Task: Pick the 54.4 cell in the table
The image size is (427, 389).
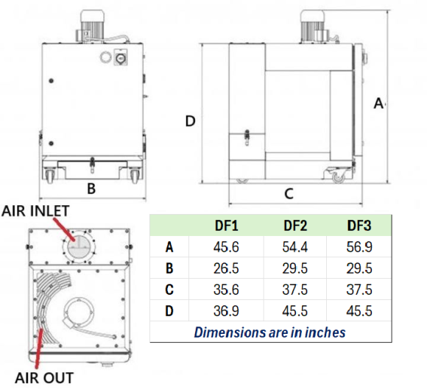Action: click(x=294, y=247)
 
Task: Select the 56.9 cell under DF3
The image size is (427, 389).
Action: click(x=359, y=247)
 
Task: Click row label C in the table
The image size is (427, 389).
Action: click(x=169, y=290)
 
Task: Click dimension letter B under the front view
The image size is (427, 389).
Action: click(x=91, y=188)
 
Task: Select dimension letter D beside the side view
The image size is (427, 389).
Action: click(x=190, y=121)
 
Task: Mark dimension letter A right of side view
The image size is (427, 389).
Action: click(x=378, y=104)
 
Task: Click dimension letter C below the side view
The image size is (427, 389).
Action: click(x=289, y=194)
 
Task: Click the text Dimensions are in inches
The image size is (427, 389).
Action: click(x=269, y=332)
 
